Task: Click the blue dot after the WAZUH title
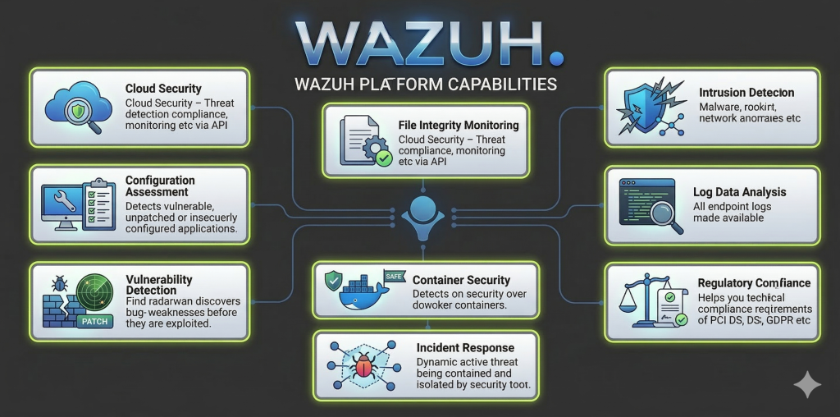point(557,57)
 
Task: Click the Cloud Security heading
point(163,89)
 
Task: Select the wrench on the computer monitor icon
point(62,199)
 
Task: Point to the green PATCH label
point(96,322)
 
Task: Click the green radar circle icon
point(93,292)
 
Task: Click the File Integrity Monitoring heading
point(458,126)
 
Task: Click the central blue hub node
point(421,208)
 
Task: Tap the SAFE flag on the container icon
point(395,277)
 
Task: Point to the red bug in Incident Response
point(365,365)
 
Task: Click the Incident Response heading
point(465,348)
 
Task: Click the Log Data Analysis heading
point(739,192)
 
